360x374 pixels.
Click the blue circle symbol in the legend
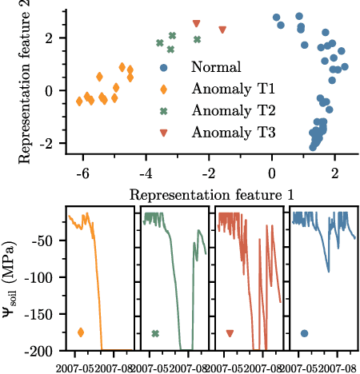click(164, 68)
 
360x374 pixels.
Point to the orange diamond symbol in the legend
click(164, 90)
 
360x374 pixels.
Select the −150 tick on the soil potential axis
click(47, 314)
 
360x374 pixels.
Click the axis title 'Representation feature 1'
click(211, 194)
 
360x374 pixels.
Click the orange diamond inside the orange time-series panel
click(80, 332)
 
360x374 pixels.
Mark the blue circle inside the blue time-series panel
click(305, 333)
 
